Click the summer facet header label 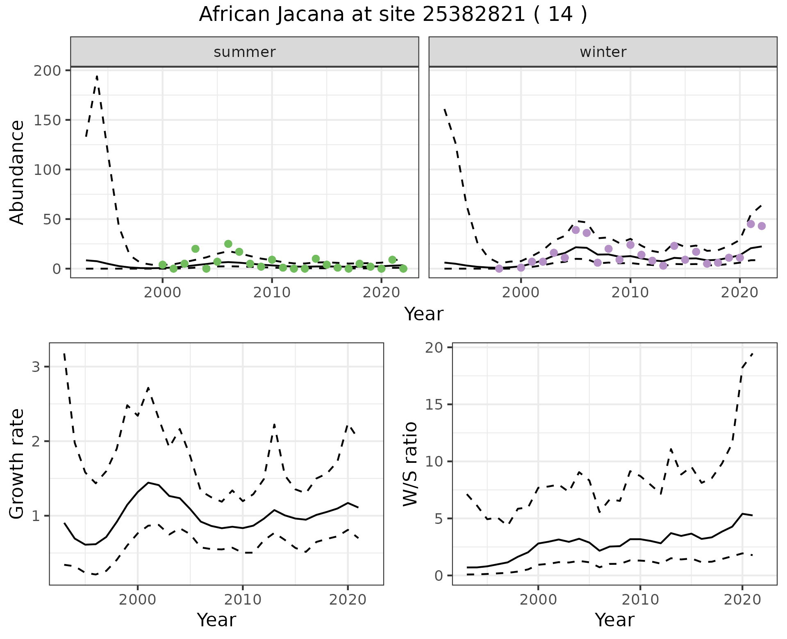tap(245, 52)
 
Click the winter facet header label tap(603, 52)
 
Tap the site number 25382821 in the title tap(473, 15)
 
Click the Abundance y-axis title tap(17, 172)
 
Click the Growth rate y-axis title tap(17, 464)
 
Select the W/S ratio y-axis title tap(410, 464)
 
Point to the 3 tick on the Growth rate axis tap(36, 367)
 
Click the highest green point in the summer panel tap(228, 244)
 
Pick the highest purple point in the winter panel tap(751, 224)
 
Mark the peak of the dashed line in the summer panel tap(97, 76)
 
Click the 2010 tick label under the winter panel tap(630, 293)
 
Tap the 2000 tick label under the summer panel tap(163, 293)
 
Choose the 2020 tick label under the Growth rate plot tap(348, 600)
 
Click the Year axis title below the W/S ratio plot tap(614, 620)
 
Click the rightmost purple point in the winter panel tap(762, 226)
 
